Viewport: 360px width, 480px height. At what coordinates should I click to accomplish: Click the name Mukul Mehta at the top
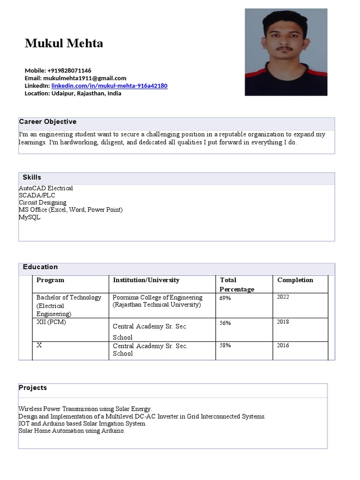[64, 44]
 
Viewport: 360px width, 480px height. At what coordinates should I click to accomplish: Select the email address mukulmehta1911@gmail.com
[84, 78]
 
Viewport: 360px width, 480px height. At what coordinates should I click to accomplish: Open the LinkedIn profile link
[109, 86]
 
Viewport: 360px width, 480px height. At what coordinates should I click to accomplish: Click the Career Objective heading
[47, 122]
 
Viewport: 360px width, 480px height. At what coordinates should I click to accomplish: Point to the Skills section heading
[32, 177]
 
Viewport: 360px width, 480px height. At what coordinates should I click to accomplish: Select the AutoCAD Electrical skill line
[46, 188]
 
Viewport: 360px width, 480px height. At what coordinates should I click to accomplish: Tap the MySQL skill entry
[30, 217]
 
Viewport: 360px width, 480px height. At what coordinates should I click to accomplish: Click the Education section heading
[40, 267]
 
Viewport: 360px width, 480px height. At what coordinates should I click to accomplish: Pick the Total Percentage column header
[237, 285]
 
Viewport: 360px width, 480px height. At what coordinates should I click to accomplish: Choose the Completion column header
[295, 280]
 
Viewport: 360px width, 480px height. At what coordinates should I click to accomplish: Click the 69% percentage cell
[225, 298]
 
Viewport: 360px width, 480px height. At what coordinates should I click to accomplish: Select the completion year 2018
[283, 322]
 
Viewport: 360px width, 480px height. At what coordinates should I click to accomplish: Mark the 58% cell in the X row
[225, 345]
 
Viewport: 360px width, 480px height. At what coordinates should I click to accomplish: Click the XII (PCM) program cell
[51, 322]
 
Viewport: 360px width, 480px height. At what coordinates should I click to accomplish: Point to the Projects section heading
[33, 388]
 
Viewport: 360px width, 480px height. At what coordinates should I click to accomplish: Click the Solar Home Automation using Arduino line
[72, 431]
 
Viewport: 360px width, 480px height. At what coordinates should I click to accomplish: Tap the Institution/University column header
[146, 280]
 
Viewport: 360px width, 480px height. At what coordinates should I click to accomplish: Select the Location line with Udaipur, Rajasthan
[73, 93]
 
